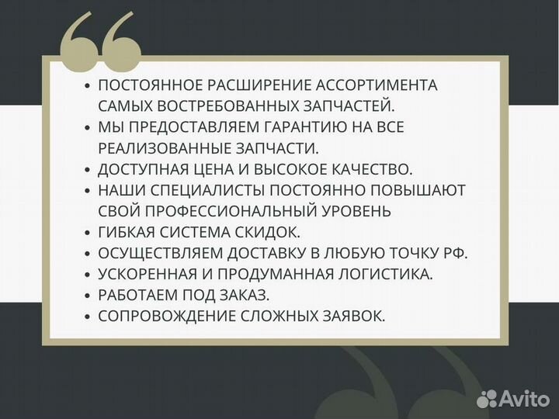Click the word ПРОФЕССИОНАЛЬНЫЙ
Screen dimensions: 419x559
click(x=223, y=211)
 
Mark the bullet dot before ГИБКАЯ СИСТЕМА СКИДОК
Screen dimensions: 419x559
click(x=88, y=233)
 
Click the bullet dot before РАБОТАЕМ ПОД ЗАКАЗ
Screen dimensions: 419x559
click(x=88, y=296)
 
